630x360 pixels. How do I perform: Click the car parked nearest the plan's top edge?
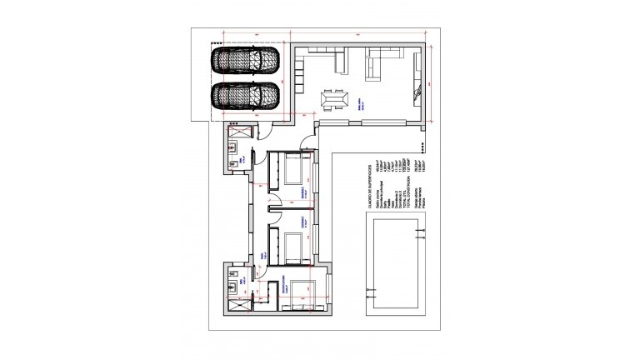[x=245, y=61]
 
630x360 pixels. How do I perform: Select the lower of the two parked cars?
[x=245, y=96]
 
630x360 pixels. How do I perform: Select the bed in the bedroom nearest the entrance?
[x=293, y=170]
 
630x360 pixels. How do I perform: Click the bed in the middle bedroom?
[x=293, y=247]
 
